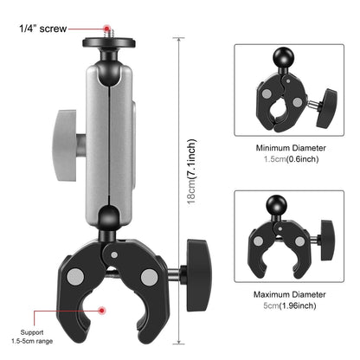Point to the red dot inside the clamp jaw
click(102, 309)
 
